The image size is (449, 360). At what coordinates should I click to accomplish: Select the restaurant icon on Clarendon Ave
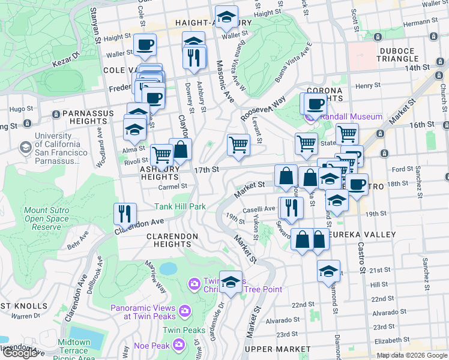(x=125, y=213)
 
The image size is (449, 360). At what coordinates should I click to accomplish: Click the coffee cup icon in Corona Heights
(x=315, y=103)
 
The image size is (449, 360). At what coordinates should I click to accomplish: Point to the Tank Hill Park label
(x=180, y=206)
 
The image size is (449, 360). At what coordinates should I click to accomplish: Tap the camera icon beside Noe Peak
(x=178, y=344)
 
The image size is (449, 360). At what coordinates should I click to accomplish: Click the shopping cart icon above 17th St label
(x=238, y=145)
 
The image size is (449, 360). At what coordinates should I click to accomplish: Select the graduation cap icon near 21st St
(x=328, y=271)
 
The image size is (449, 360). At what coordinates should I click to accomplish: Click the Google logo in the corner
(x=19, y=353)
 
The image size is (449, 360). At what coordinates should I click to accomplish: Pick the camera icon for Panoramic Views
(x=184, y=310)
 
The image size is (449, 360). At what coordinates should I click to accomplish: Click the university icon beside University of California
(x=25, y=147)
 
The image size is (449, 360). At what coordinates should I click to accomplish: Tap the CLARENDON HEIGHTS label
(x=172, y=240)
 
